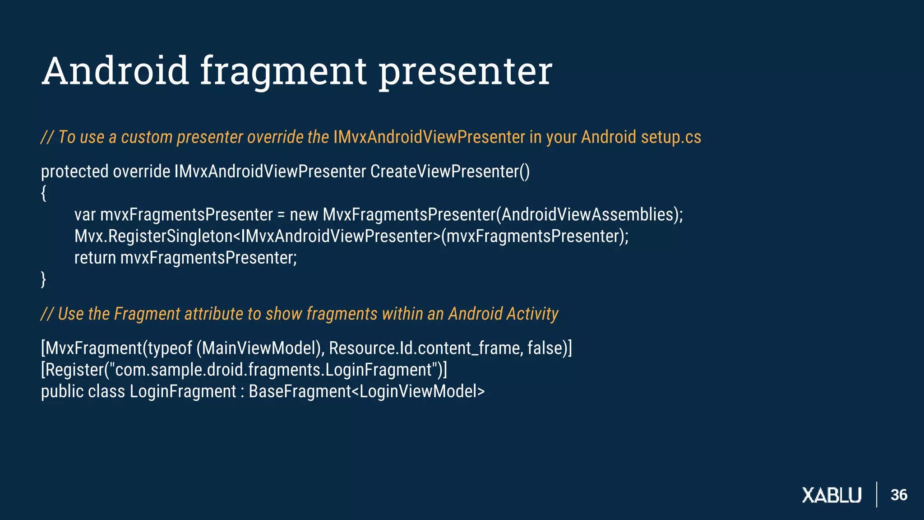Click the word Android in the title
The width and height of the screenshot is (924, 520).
[x=115, y=71]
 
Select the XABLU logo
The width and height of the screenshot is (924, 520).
[x=832, y=495]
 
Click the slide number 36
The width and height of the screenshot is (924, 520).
[x=899, y=495]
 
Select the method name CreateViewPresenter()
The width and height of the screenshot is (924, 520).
[x=450, y=172]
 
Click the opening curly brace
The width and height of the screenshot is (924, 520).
[x=43, y=193]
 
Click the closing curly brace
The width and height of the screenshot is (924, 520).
[x=43, y=279]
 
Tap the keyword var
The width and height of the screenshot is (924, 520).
[x=85, y=214]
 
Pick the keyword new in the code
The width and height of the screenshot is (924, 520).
[x=304, y=214]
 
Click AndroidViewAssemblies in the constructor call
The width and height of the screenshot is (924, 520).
[x=587, y=214]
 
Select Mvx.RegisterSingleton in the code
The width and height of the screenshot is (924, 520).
[x=153, y=236]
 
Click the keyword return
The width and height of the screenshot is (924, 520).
[x=95, y=258]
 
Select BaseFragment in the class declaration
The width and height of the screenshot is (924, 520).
[x=300, y=391]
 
